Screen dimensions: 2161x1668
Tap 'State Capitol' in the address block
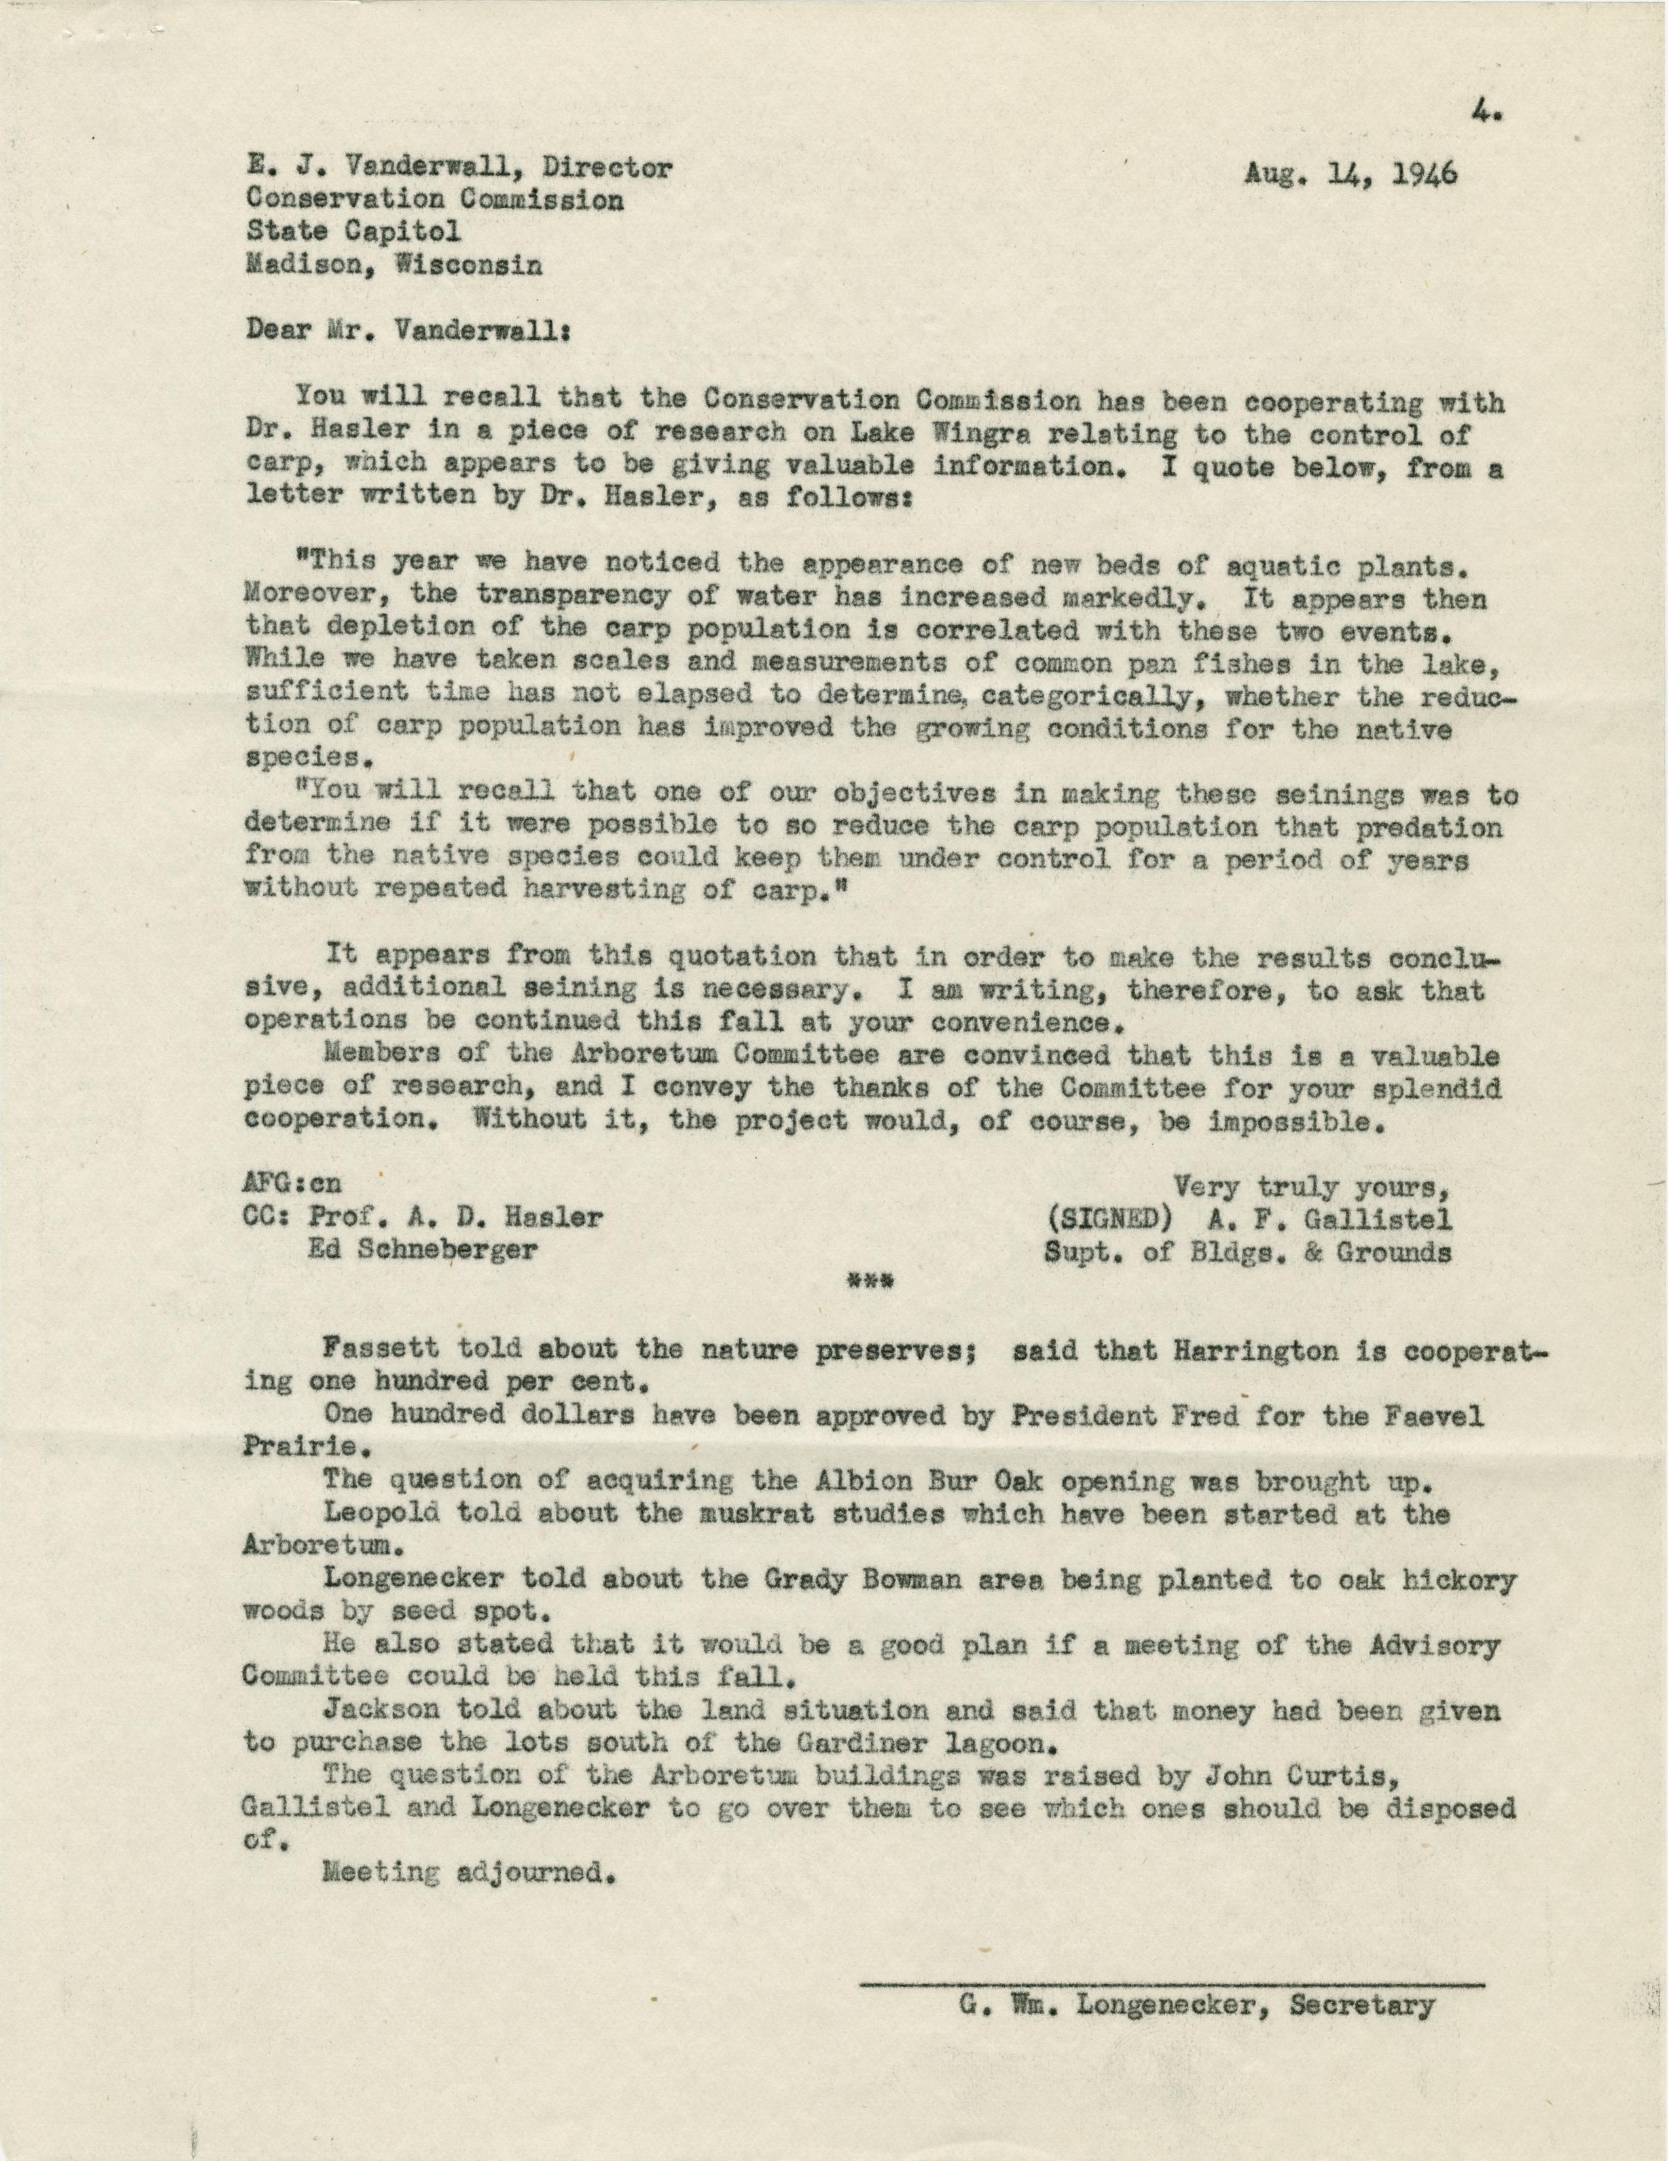point(354,232)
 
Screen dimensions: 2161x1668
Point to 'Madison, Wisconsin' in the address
point(393,265)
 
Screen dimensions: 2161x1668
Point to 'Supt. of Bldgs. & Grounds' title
point(1248,1251)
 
